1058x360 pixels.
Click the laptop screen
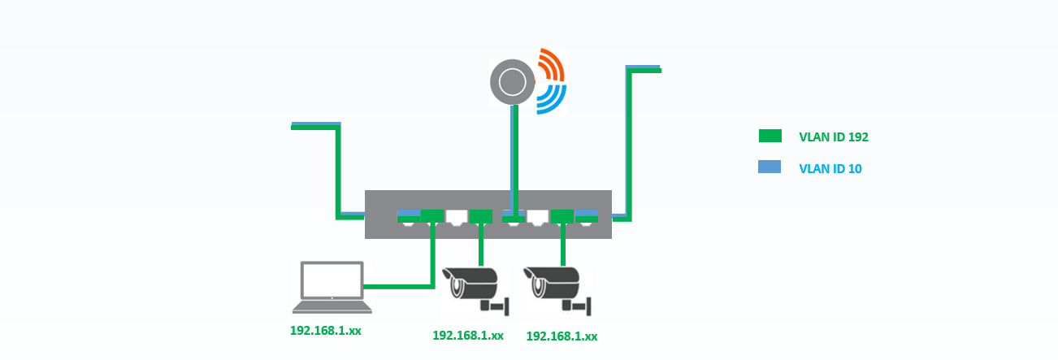[x=332, y=280]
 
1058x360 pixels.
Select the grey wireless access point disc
[x=513, y=82]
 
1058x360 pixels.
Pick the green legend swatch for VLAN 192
[x=770, y=136]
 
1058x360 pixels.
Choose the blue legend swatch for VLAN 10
[x=770, y=167]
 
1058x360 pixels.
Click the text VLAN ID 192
[x=834, y=137]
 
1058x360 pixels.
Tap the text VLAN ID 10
[x=830, y=169]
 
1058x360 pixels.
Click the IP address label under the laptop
[x=325, y=331]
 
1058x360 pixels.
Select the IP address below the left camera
[x=468, y=336]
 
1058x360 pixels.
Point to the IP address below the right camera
[x=562, y=336]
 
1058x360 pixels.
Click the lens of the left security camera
[x=457, y=287]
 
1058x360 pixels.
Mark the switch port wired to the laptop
[x=432, y=216]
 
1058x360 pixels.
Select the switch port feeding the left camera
[x=481, y=216]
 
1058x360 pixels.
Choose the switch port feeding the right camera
[x=562, y=216]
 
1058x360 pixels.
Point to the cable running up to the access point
[x=514, y=161]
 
